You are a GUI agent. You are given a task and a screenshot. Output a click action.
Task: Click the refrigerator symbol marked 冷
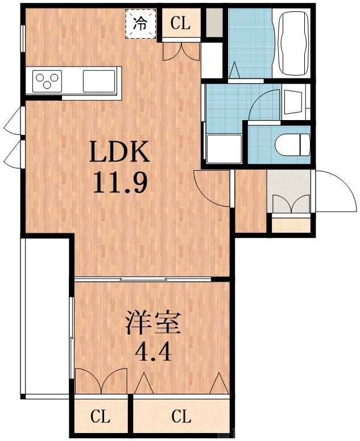point(140,24)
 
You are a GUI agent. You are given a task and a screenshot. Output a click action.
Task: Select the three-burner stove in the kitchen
point(47,80)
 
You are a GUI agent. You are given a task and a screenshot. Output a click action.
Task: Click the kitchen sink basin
point(99,80)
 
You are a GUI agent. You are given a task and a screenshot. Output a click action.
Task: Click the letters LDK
point(119,153)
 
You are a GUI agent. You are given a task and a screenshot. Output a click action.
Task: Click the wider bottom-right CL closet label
point(181,417)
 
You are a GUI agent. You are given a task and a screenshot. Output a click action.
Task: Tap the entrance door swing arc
point(336,190)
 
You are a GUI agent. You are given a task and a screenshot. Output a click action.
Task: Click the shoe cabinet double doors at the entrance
point(291,204)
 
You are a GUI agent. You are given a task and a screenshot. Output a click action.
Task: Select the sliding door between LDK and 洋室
point(142,279)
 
